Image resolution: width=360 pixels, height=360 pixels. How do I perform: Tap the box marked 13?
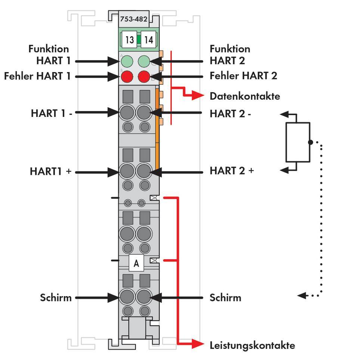129,40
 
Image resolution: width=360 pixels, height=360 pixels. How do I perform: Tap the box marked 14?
149,40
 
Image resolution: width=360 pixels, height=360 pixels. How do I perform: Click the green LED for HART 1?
127,61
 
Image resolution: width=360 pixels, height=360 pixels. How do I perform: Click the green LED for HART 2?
144,61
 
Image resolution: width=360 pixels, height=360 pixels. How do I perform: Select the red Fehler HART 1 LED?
127,77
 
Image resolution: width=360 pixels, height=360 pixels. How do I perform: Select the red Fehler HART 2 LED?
144,77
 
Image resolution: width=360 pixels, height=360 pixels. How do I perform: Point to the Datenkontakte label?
245,96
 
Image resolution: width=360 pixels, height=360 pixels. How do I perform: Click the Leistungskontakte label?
252,345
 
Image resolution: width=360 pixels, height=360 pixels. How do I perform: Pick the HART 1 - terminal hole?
127,112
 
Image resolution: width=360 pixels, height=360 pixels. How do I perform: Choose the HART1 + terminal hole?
127,172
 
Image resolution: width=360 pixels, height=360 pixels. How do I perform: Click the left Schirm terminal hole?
127,297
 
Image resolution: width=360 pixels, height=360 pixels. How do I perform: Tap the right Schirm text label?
225,298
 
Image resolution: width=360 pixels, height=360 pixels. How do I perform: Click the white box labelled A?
136,263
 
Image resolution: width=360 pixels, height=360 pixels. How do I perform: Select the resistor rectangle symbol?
298,142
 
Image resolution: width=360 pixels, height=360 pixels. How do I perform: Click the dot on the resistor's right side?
310,142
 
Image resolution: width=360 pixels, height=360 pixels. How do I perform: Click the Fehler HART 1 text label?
37,76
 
